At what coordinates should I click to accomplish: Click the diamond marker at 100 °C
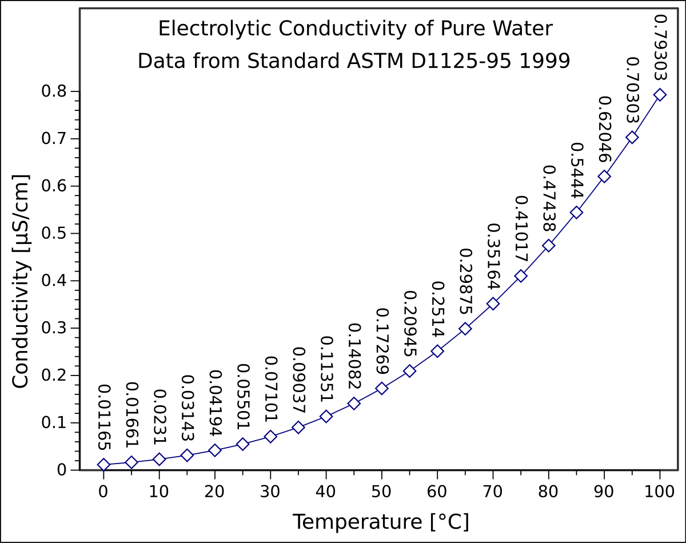660,94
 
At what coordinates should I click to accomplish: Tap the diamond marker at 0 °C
103,465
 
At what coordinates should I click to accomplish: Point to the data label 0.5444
576,170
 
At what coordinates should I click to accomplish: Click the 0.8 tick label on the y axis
55,91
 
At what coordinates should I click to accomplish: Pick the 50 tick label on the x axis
381,492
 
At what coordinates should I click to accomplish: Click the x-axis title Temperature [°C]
381,522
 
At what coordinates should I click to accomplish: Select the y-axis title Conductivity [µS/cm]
21,282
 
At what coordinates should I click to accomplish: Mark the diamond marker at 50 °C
382,389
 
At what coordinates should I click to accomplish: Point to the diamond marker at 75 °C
521,276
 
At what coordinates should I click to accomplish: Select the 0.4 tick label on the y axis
55,281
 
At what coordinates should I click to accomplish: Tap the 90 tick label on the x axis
604,492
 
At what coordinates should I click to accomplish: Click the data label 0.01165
104,417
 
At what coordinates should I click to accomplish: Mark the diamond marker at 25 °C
242,444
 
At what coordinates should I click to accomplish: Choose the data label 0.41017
521,229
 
